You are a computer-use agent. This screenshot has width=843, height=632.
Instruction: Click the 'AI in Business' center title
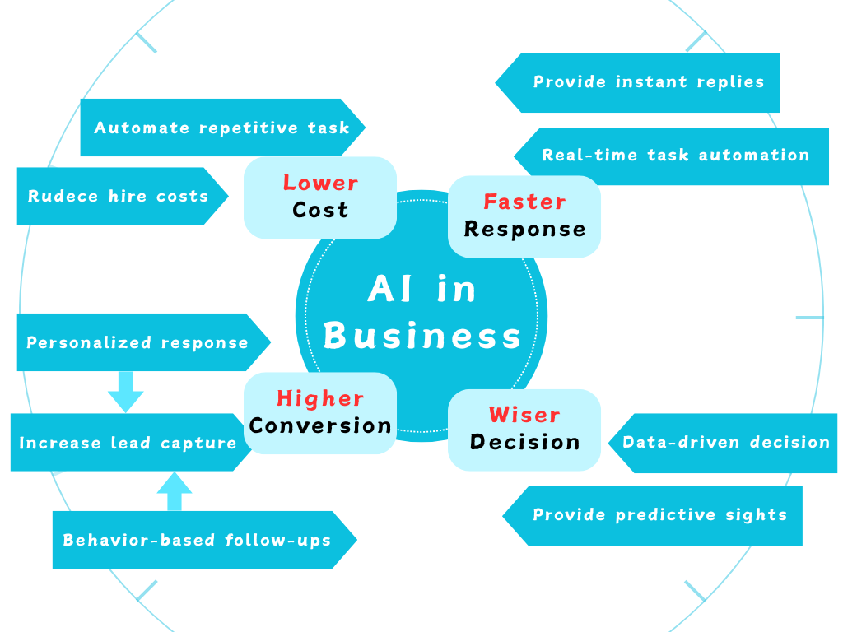[x=421, y=313]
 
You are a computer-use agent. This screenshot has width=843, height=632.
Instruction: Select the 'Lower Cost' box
[x=320, y=197]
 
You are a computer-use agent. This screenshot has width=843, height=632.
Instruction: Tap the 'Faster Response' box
[x=524, y=216]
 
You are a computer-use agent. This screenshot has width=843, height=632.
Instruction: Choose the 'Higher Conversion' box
[x=320, y=412]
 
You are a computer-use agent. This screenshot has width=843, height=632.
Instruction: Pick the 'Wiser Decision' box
[x=524, y=429]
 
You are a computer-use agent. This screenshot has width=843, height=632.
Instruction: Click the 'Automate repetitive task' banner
[x=221, y=128]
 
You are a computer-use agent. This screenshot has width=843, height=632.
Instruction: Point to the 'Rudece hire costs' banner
[x=119, y=196]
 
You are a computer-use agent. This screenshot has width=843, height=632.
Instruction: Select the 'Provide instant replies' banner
[x=648, y=82]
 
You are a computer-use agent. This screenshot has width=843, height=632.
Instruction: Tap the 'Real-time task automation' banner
[x=674, y=156]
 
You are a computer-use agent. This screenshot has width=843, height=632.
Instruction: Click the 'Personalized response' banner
[x=138, y=342]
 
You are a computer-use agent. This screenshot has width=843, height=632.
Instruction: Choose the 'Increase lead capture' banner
[x=128, y=443]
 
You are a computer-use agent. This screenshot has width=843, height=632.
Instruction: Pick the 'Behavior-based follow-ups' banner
[x=198, y=540]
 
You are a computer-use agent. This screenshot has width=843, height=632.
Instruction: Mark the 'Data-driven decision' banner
[x=724, y=443]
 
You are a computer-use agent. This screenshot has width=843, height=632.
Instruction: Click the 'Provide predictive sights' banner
[x=659, y=515]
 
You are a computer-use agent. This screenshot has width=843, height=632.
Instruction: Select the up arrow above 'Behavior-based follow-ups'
[x=174, y=491]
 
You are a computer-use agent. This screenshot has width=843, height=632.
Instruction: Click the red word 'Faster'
[x=524, y=202]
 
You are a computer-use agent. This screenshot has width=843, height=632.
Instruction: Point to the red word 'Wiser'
[x=524, y=415]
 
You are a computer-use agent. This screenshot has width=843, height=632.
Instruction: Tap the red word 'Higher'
[x=320, y=398]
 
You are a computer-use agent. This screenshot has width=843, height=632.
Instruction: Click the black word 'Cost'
[x=320, y=210]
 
